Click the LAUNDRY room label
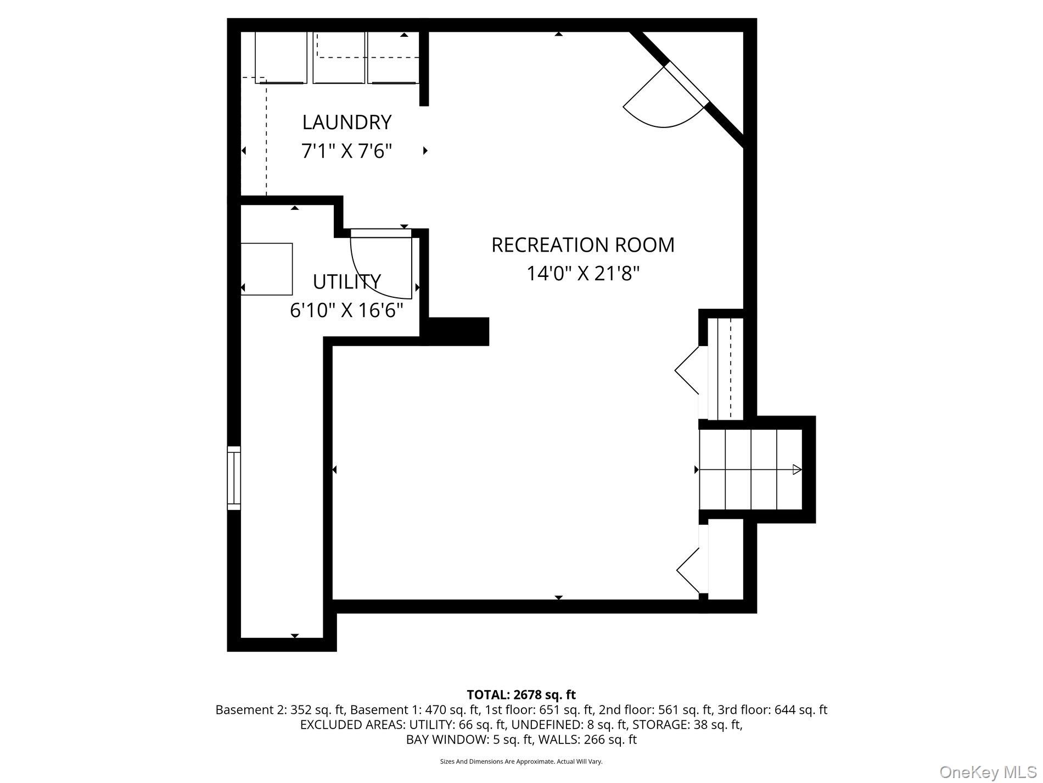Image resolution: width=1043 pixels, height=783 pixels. (x=347, y=122)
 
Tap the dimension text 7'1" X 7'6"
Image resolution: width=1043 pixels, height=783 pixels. (x=347, y=151)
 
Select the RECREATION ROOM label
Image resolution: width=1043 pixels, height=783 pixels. (x=582, y=245)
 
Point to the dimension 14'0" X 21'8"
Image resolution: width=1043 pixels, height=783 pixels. (x=583, y=273)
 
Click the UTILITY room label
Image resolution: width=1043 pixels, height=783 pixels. (x=346, y=281)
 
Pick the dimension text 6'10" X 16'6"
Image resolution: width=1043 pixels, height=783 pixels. (x=346, y=310)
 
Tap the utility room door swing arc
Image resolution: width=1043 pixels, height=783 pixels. (x=379, y=269)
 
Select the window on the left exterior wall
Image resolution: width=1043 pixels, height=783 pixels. (x=234, y=477)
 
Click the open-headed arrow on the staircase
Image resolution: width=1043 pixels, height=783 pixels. (x=797, y=470)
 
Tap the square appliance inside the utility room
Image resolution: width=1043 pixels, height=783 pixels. (x=267, y=269)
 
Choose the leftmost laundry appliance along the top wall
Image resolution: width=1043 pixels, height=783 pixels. (x=281, y=58)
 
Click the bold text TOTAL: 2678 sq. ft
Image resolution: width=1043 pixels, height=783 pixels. (x=521, y=695)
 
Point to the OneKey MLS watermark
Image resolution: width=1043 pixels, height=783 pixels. (x=988, y=773)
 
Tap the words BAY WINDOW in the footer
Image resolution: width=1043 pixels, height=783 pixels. (x=445, y=740)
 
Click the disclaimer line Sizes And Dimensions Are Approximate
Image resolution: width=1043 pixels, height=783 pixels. (x=521, y=762)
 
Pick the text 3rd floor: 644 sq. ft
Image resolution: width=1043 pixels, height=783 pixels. (x=772, y=709)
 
